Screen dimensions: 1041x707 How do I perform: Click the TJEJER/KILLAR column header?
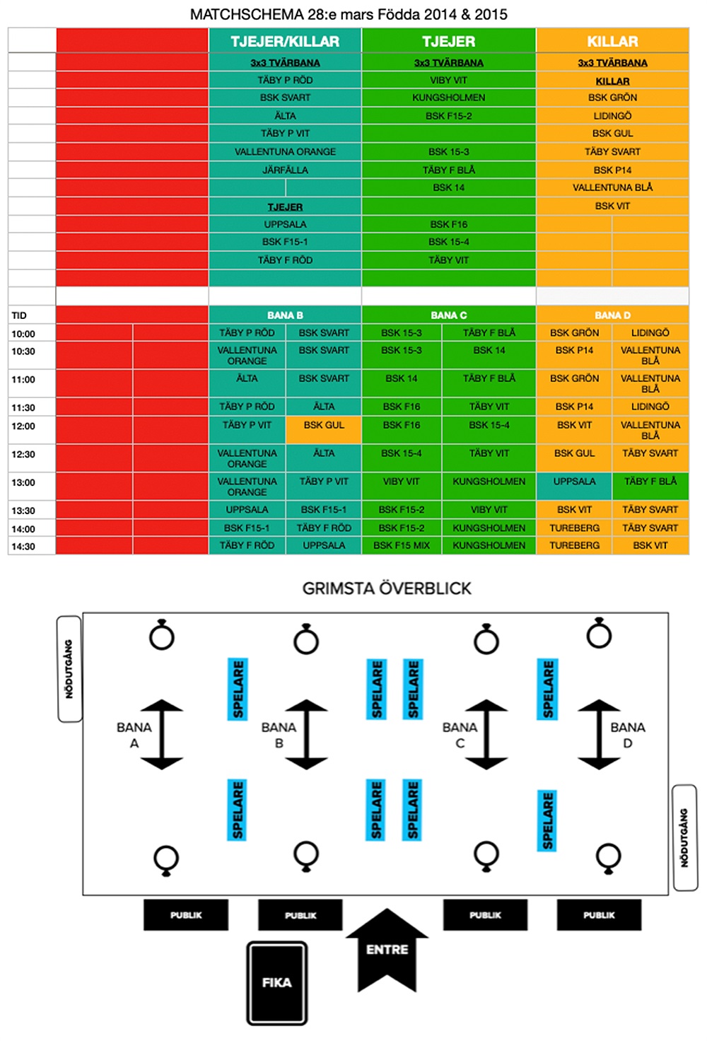285,42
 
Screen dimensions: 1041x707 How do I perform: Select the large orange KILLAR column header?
612,42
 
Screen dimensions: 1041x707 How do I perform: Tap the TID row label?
19,315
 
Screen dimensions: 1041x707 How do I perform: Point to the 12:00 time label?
23,426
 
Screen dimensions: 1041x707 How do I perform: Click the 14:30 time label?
23,547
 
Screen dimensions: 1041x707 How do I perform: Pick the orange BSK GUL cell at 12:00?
324,426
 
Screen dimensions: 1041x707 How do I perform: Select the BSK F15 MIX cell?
402,546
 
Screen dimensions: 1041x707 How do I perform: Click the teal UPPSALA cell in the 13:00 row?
574,482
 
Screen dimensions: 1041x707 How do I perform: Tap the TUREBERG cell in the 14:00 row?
574,528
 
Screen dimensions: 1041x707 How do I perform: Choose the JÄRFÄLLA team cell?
285,170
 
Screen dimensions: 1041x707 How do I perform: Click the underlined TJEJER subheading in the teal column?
285,207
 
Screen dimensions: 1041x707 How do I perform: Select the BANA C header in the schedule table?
449,315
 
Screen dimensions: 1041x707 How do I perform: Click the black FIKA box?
276,982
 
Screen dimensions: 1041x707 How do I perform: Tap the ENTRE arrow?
387,949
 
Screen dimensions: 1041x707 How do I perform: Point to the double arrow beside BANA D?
599,735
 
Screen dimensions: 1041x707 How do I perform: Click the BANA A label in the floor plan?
134,735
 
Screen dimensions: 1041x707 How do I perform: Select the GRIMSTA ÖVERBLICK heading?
387,588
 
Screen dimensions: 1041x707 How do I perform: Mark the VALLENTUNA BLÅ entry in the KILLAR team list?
612,188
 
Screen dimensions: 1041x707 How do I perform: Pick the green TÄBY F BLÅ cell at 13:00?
650,482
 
